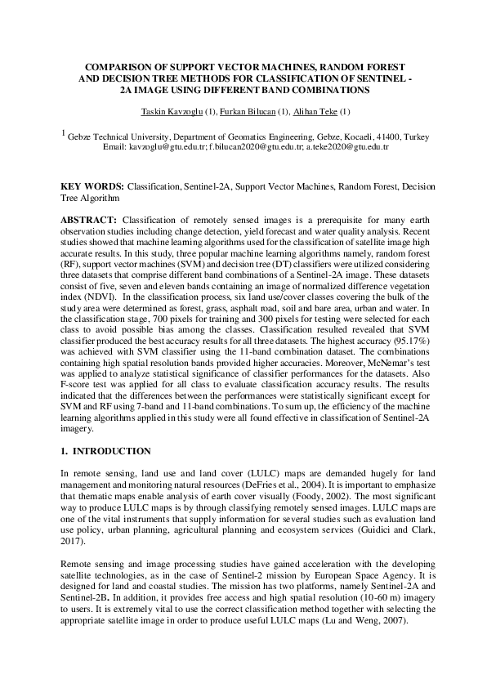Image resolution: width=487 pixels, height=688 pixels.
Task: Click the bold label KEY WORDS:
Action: (92, 187)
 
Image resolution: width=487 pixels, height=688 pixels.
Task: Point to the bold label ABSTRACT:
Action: (89, 221)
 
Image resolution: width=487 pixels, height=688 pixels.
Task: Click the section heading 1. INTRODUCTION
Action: (106, 451)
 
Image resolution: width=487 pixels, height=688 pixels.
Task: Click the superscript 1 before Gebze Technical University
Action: (65, 132)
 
